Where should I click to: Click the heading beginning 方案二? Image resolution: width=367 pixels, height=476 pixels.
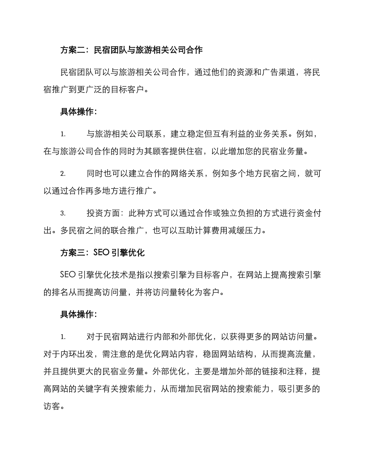tap(131, 50)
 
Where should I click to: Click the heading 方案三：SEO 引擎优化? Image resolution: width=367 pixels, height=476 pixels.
tap(102, 253)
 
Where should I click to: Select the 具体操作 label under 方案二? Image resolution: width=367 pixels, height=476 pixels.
tap(78, 112)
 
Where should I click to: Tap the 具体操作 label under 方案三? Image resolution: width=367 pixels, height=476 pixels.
tap(78, 315)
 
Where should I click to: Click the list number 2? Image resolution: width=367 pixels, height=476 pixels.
tap(63, 174)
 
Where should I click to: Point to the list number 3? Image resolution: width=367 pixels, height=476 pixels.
tap(63, 213)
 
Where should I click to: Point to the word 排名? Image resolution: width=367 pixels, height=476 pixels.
tap(60, 293)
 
